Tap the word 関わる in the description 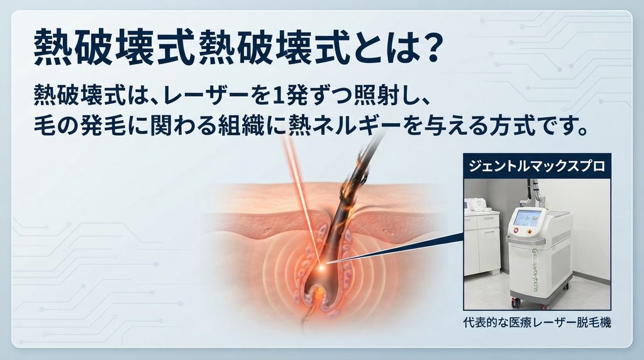click(180, 125)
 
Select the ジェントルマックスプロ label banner click(537, 166)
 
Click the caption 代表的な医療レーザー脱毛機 click(537, 323)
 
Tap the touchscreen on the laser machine click(528, 218)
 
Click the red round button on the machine click(516, 230)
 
